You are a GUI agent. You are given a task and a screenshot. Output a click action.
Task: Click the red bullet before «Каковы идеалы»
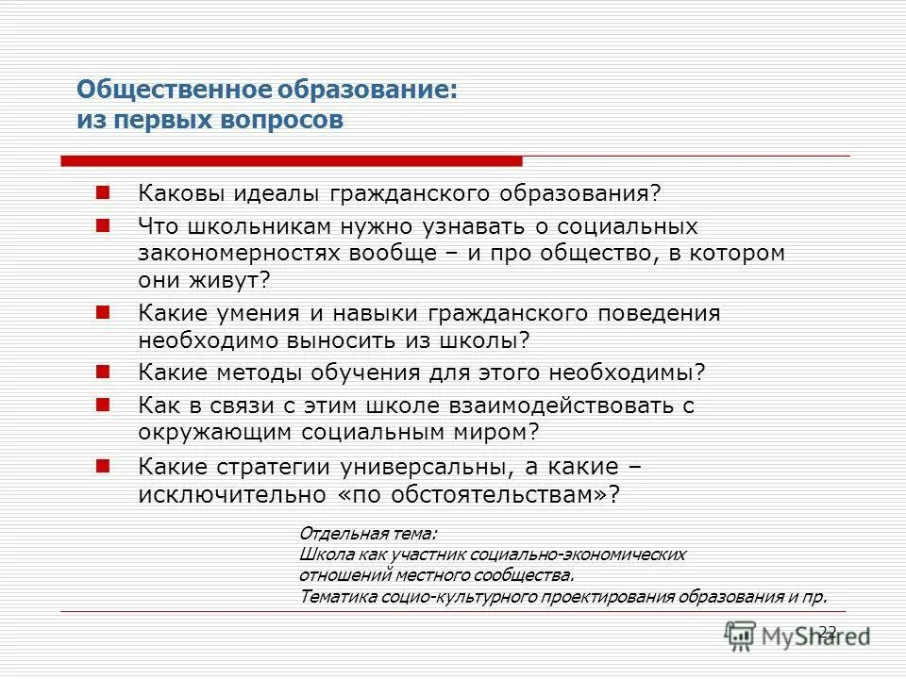coord(104,192)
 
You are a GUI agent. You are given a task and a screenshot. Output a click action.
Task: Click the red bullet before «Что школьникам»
coord(104,225)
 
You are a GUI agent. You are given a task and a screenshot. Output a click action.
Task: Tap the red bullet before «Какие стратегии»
coord(104,465)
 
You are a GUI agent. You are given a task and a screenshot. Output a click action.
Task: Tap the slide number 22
coord(828,631)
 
